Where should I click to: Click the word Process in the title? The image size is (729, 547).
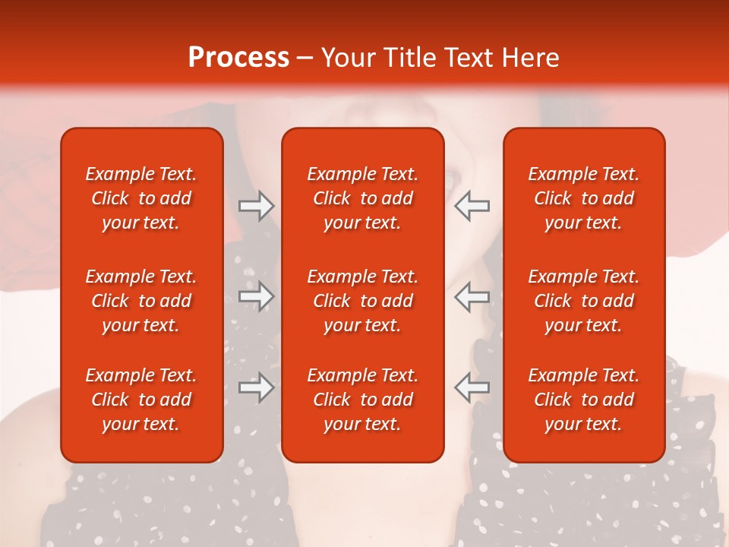coord(238,58)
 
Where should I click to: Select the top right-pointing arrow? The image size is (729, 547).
coord(257,206)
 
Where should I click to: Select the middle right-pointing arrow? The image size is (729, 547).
coord(257,296)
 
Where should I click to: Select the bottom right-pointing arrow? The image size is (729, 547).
coord(257,387)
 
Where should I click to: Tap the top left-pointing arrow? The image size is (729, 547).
coord(472,206)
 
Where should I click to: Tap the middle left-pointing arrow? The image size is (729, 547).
coord(472,296)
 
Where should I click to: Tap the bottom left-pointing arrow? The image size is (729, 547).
coord(472,387)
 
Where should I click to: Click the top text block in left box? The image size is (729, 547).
coord(141,198)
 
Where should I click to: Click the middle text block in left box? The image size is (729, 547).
coord(141,301)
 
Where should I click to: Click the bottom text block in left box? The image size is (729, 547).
coord(141,400)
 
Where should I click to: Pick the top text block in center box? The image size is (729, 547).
coord(362,198)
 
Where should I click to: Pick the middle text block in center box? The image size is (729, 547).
coord(362,301)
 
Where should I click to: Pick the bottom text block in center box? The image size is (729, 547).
coord(362,400)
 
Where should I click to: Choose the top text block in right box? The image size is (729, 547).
coord(583,198)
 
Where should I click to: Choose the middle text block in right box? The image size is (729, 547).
coord(583,301)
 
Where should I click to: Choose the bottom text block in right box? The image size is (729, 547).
coord(583,400)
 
